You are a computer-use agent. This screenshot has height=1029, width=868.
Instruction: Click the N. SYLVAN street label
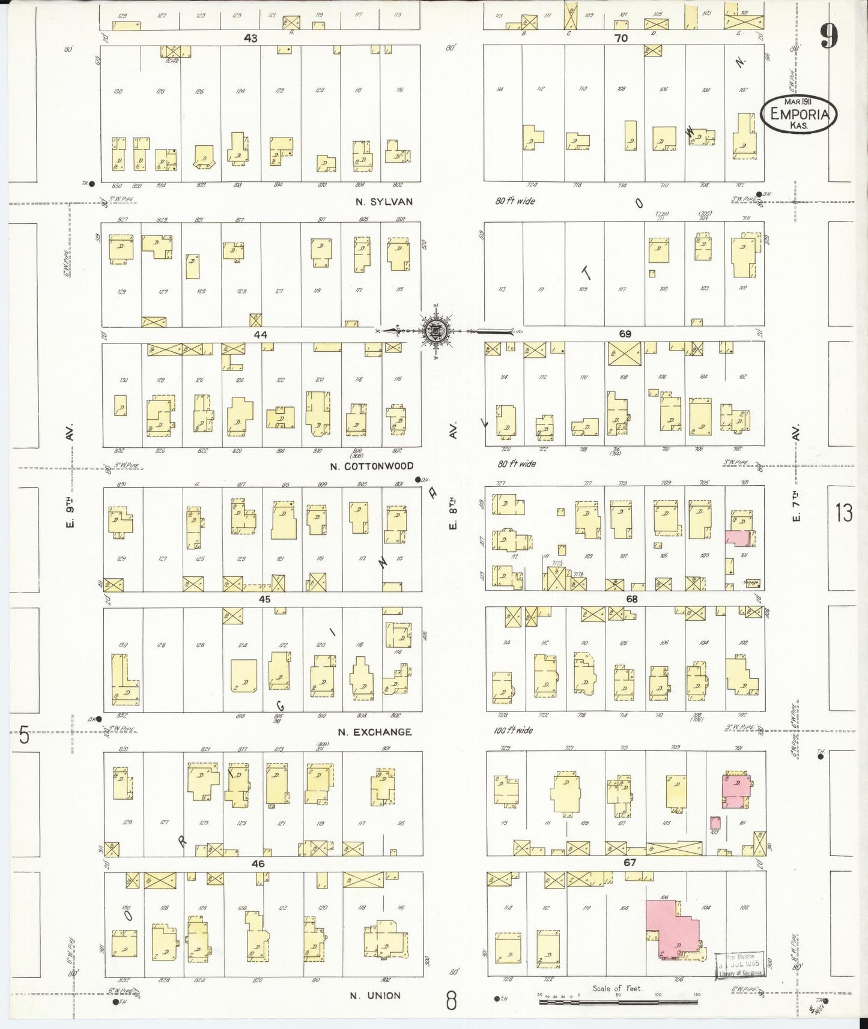click(383, 202)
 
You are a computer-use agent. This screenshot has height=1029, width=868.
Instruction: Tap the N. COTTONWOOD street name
click(372, 466)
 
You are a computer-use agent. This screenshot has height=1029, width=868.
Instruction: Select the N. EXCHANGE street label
click(374, 732)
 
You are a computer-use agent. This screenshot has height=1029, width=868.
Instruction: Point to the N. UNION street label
click(375, 995)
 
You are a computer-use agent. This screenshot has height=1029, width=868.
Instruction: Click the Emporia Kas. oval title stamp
click(798, 115)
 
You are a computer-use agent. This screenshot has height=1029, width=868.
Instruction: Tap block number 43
click(250, 38)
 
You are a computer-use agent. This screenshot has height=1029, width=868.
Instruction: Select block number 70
click(621, 38)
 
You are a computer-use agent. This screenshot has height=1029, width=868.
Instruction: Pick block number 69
click(625, 334)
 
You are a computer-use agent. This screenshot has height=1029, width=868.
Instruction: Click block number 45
click(264, 599)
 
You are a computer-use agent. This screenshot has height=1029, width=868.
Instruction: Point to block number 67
click(630, 863)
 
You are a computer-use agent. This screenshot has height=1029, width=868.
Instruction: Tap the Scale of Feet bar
click(619, 1001)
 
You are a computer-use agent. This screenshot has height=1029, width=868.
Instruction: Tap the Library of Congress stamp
click(739, 965)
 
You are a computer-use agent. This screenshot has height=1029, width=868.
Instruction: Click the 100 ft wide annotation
click(515, 731)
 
